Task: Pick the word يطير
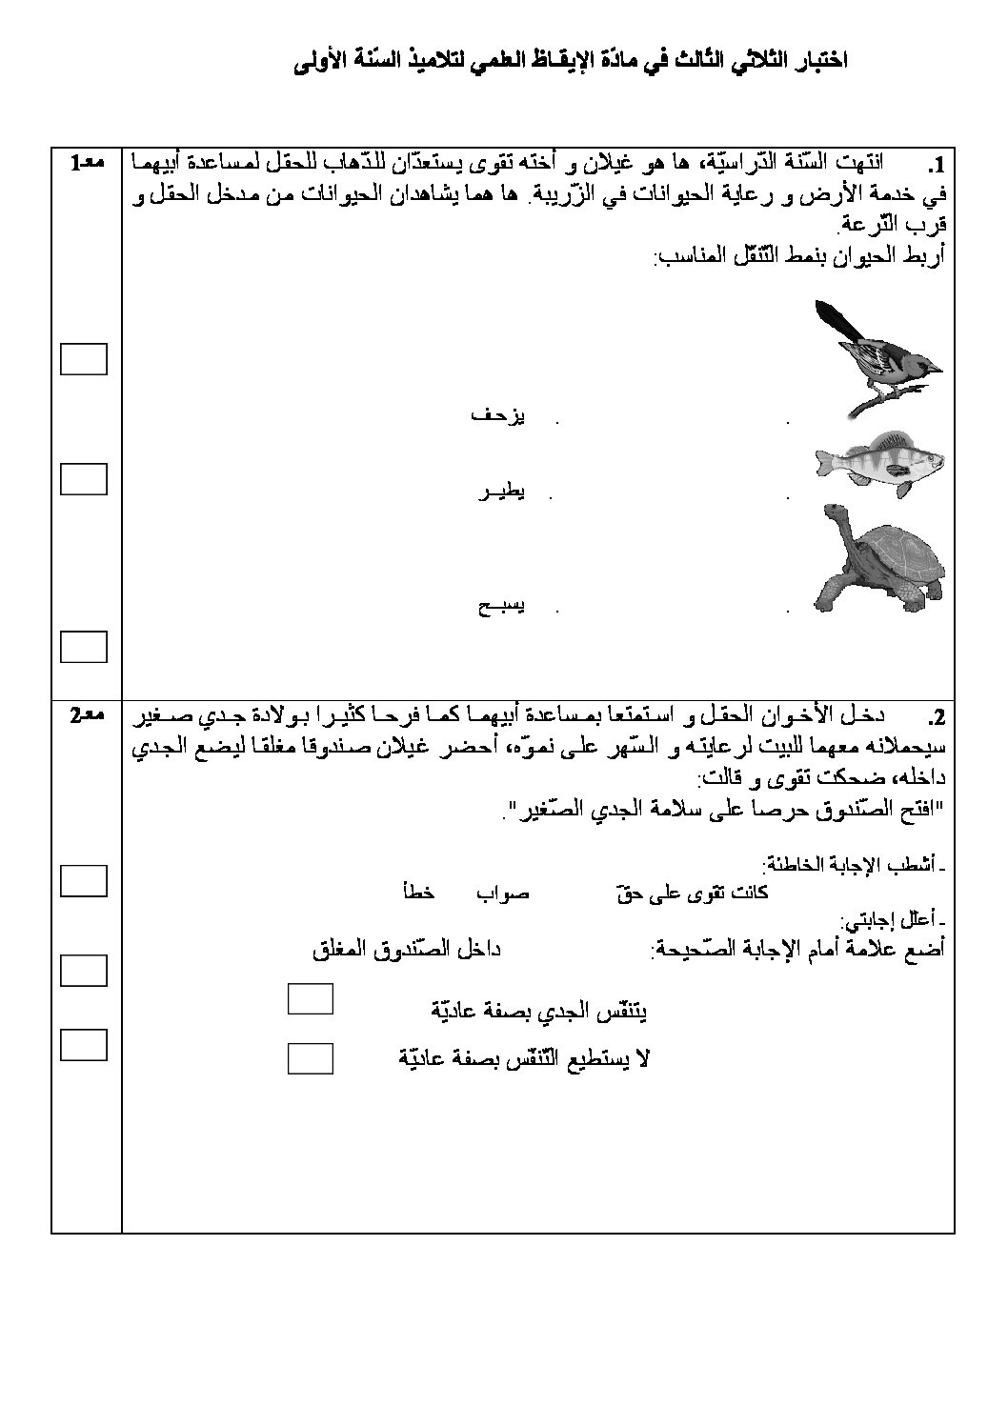coord(501,492)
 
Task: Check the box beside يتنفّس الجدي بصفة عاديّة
coord(310,999)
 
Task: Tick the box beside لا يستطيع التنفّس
coord(310,1057)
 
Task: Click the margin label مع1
coord(87,164)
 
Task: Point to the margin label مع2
coord(87,716)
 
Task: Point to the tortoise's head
coord(836,520)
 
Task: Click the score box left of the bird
coord(84,359)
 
